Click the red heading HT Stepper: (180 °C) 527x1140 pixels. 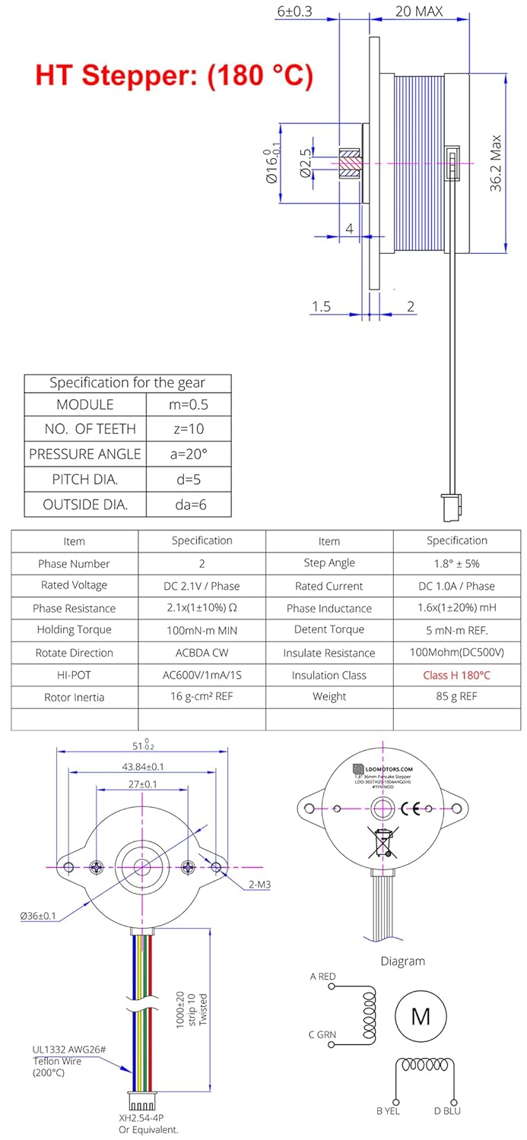coord(173,75)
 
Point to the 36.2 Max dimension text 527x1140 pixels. coord(495,163)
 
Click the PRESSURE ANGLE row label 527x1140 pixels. coord(84,454)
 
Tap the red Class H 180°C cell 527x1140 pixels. coord(456,675)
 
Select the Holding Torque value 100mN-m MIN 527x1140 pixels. coord(202,630)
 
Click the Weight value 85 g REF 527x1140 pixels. coord(456,697)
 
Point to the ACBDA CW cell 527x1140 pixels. coord(202,653)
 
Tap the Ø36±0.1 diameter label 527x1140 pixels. coord(38,916)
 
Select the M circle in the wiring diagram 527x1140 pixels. coord(421,1016)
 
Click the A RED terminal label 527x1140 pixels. coord(322,977)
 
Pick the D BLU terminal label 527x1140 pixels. coord(447,1110)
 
